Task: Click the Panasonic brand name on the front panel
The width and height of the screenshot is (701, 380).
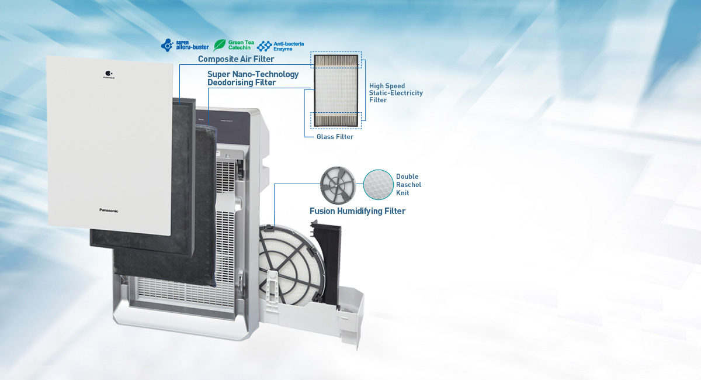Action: click(109, 210)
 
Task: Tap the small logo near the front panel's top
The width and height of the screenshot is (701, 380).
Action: click(108, 75)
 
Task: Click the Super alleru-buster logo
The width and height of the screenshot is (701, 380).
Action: click(185, 45)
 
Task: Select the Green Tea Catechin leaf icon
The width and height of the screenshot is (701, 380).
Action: click(220, 45)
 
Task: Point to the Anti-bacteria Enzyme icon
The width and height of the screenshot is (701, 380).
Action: click(265, 45)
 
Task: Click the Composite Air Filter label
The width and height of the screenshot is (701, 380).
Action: click(236, 59)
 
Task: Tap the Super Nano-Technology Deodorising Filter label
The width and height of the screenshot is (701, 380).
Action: click(253, 78)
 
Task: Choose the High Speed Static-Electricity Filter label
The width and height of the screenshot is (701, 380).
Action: click(395, 93)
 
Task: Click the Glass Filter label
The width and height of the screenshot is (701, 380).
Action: click(335, 137)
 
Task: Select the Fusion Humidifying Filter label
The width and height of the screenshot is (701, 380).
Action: click(357, 211)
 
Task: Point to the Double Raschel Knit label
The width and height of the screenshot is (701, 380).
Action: click(408, 185)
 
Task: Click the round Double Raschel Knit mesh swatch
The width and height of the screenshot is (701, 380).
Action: click(377, 184)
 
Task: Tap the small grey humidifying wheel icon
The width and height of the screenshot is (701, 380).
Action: click(338, 183)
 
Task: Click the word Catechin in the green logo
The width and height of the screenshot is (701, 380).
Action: click(240, 47)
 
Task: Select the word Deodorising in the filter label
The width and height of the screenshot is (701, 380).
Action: click(232, 83)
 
